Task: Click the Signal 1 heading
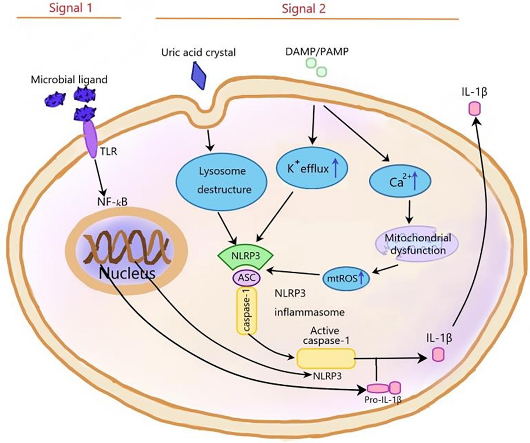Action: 71,8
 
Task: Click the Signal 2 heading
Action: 304,9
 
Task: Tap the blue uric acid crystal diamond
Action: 198,75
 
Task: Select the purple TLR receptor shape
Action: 91,139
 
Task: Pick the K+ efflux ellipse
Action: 312,168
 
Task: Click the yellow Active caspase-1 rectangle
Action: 326,358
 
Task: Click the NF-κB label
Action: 112,202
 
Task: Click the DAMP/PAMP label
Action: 317,51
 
